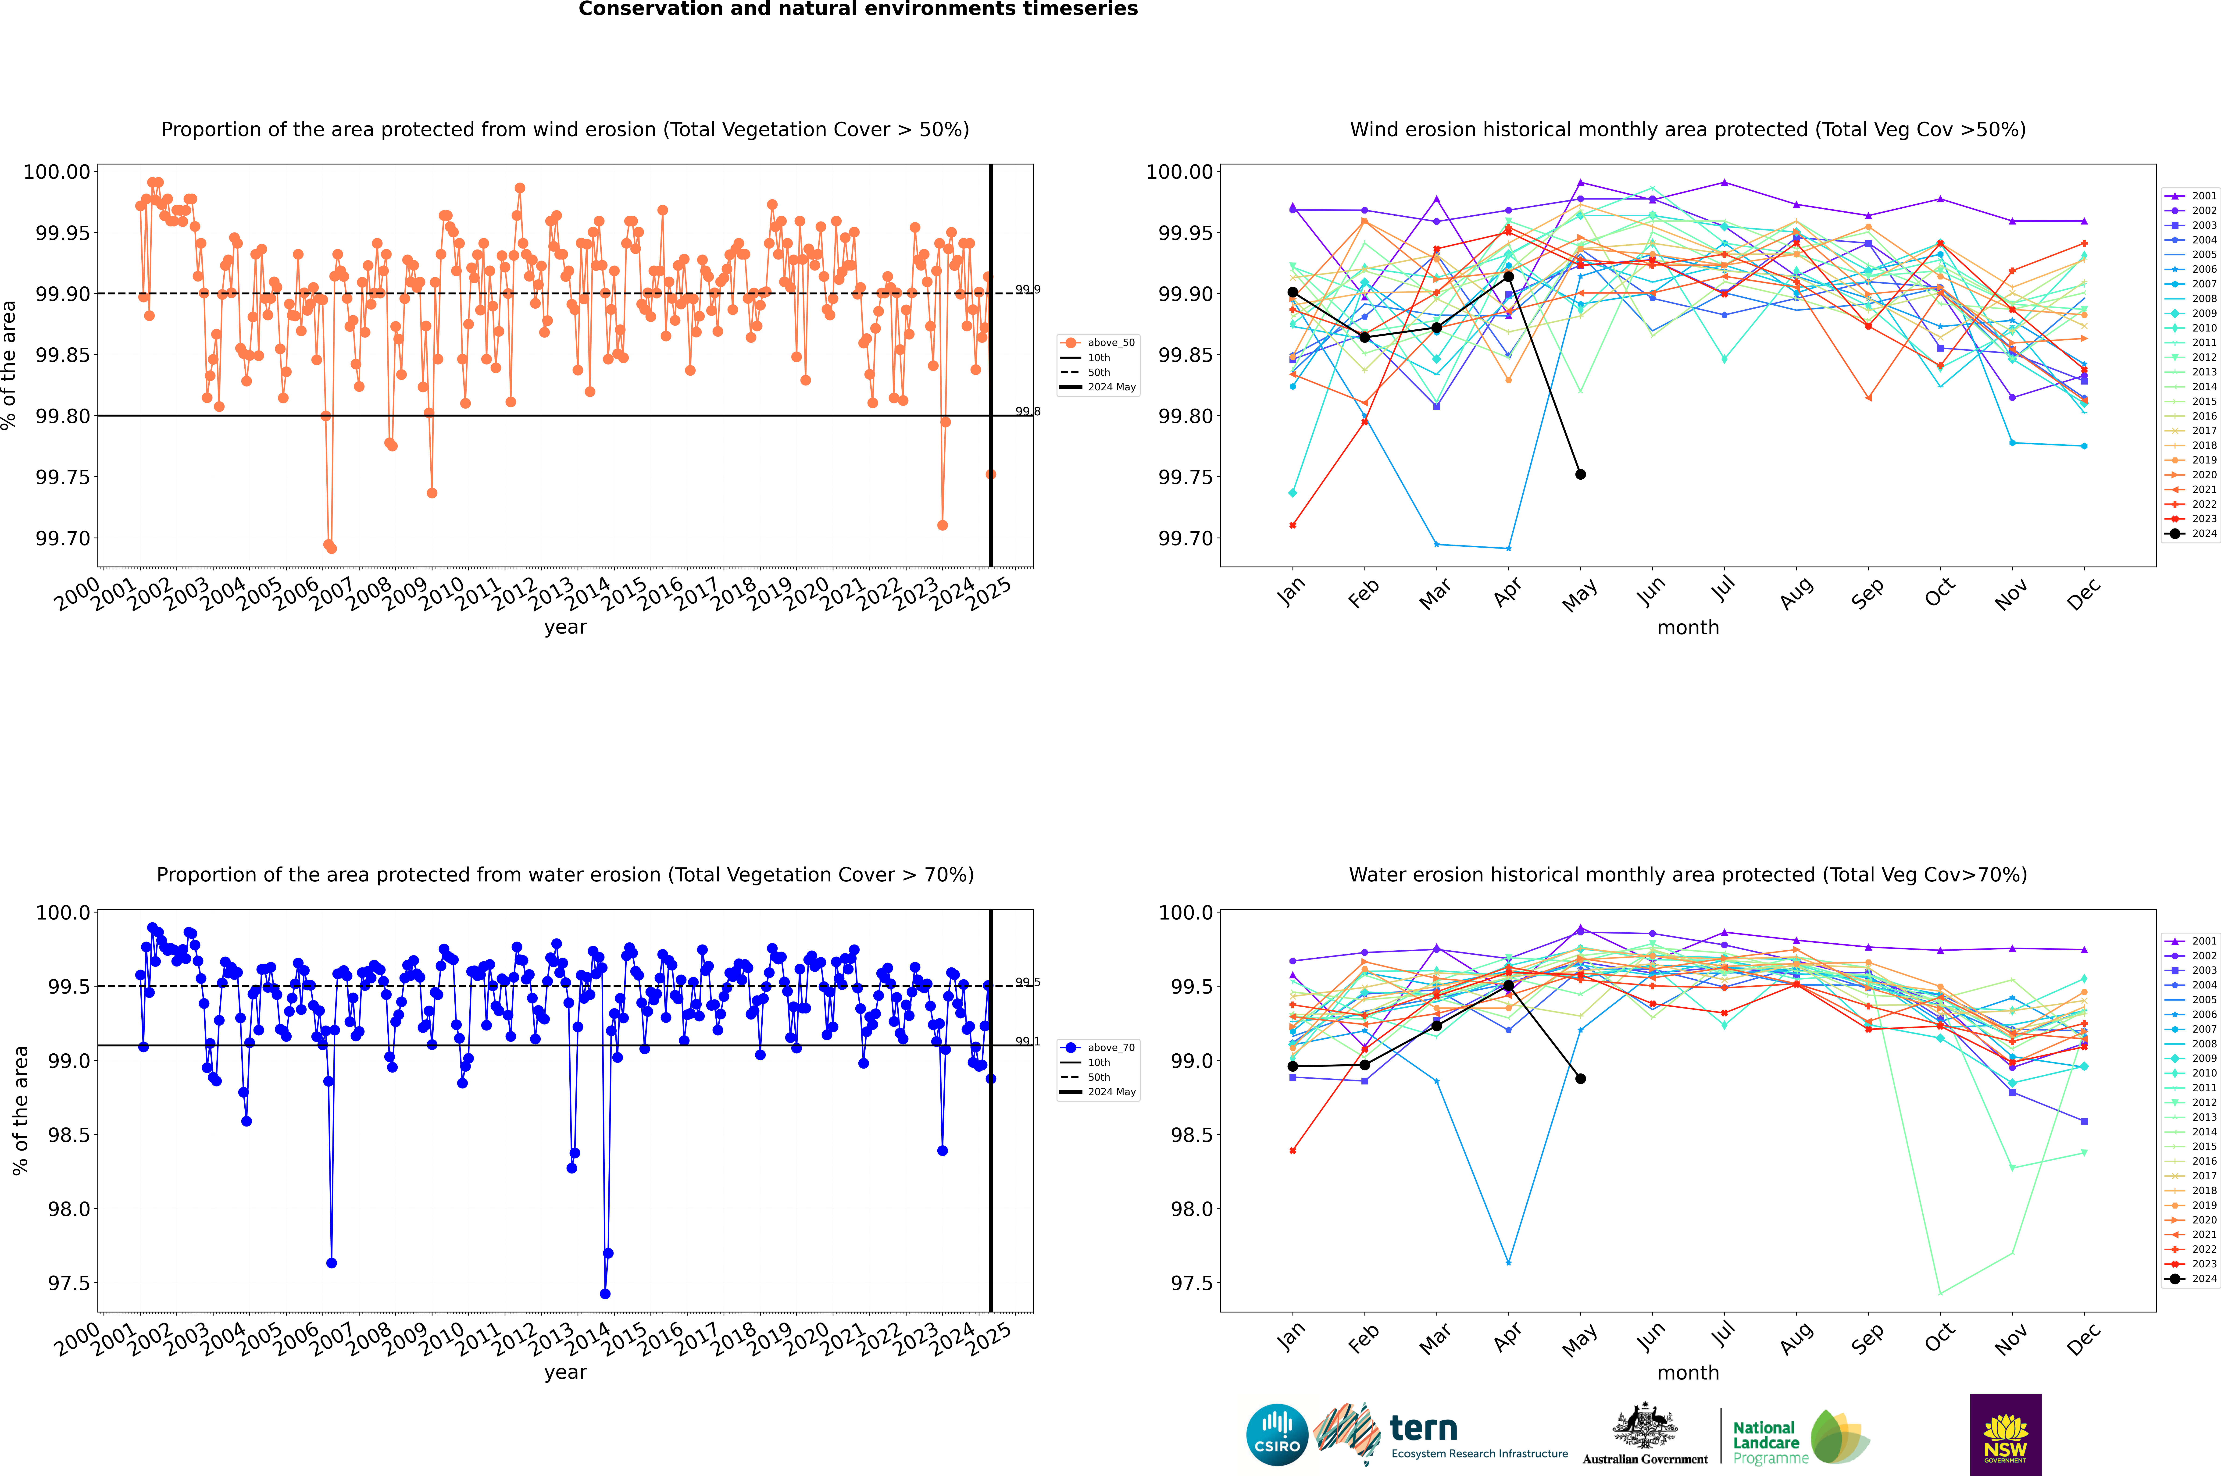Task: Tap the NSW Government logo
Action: point(2005,1435)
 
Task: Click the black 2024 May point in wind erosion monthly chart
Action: point(1581,474)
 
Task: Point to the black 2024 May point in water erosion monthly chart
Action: point(1581,1079)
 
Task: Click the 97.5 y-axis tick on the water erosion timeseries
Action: point(70,1283)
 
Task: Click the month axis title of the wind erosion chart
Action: point(1687,628)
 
